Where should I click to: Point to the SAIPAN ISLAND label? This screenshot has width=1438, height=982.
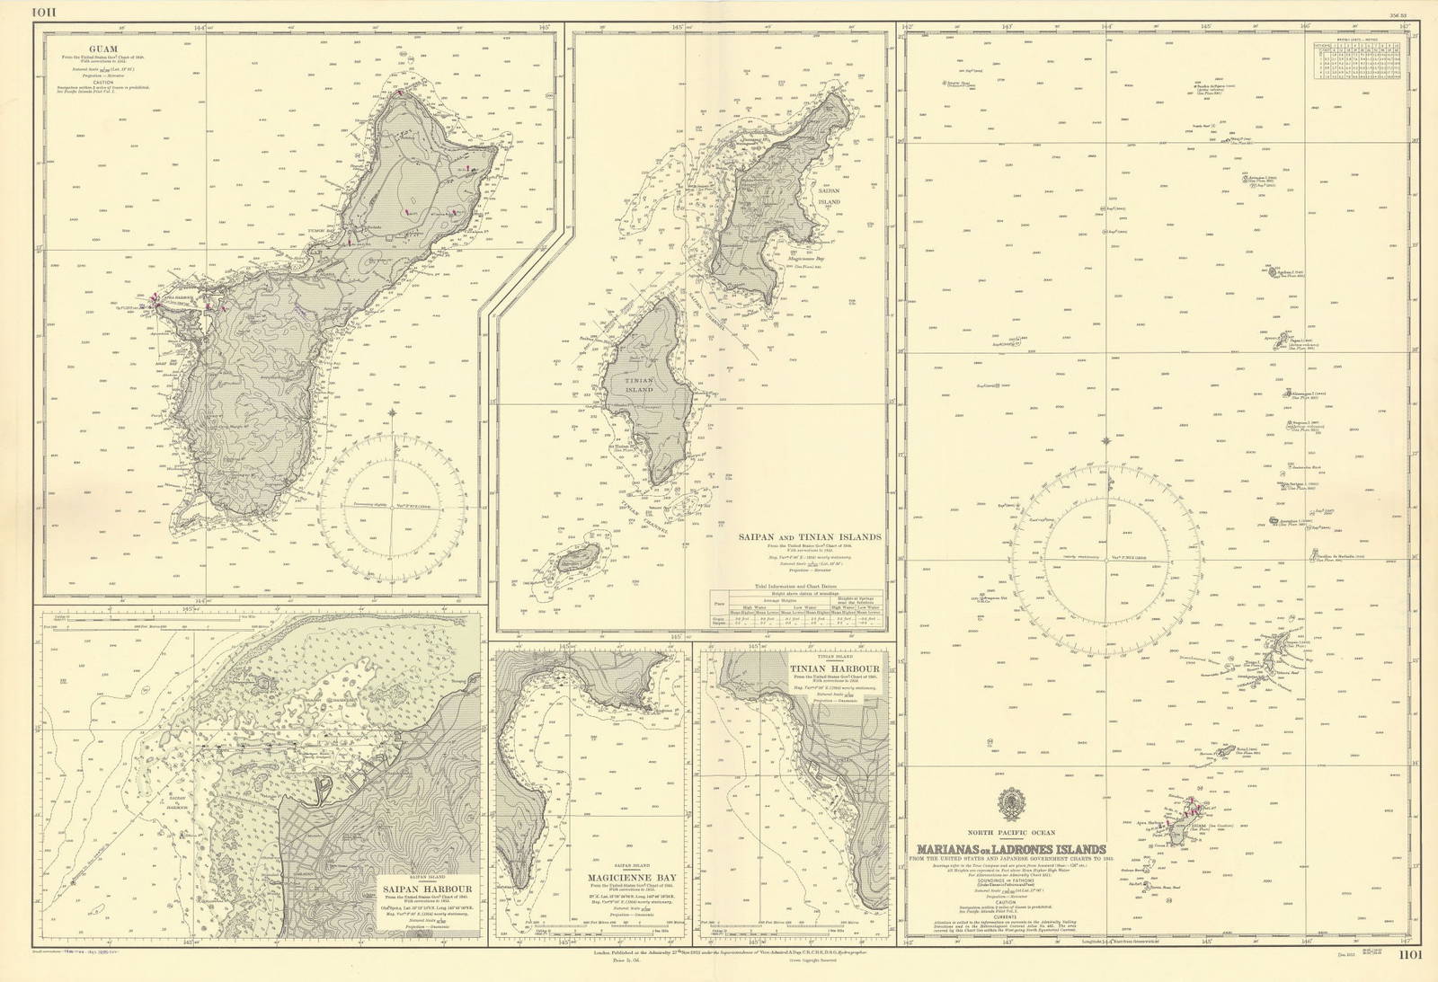tap(828, 196)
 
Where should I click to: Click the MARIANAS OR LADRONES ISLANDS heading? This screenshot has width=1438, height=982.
tap(1011, 850)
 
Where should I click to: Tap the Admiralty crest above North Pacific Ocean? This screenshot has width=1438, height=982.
tap(1011, 805)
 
